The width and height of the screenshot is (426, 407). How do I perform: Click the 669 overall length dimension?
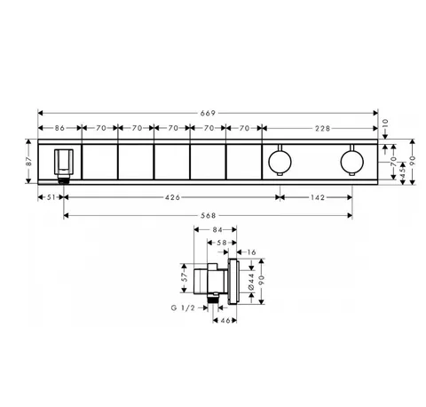pyautogui.click(x=208, y=113)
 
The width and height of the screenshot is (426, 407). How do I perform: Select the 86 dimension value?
pyautogui.click(x=59, y=128)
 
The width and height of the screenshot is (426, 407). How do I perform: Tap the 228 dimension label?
pyautogui.click(x=322, y=128)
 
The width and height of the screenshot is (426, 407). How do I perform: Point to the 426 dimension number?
pyautogui.click(x=172, y=197)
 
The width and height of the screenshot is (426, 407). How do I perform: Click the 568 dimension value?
pyautogui.click(x=209, y=216)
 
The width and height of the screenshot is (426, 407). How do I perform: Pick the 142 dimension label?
pyautogui.click(x=318, y=197)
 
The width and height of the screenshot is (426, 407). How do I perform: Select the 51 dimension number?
pyautogui.click(x=51, y=197)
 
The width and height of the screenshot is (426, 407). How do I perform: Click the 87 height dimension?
pyautogui.click(x=28, y=162)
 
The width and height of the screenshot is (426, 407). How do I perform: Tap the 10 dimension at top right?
pyautogui.click(x=385, y=123)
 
